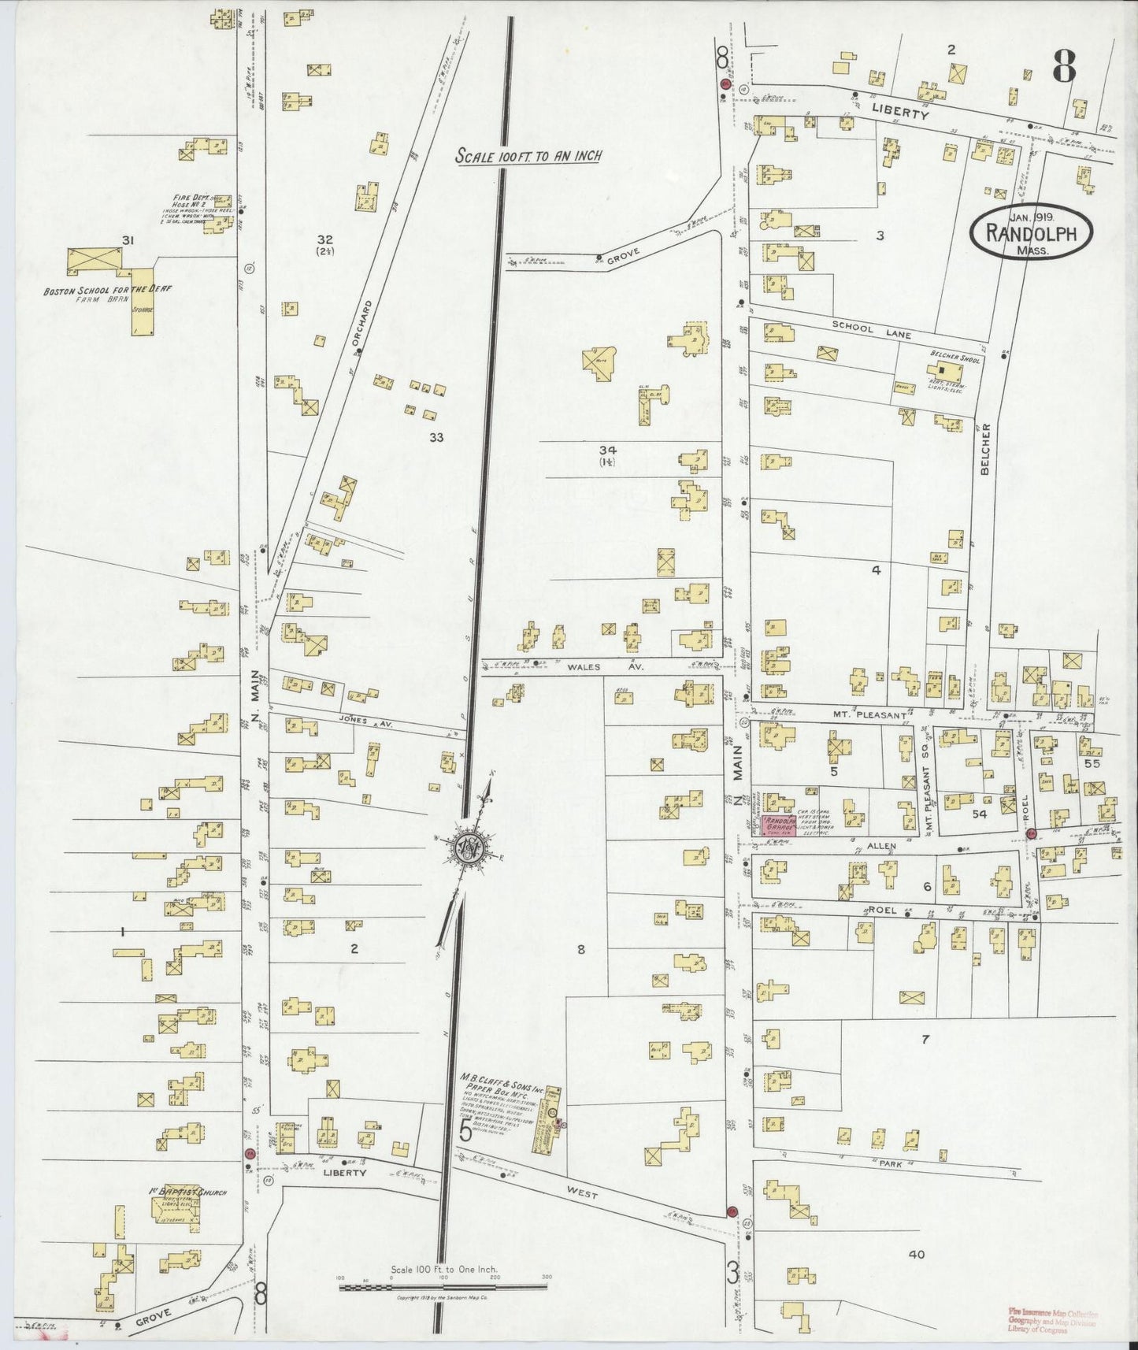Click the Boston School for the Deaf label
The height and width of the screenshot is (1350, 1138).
[x=107, y=290]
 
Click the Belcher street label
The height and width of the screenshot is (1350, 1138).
[x=984, y=450]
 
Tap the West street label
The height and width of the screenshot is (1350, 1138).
[x=581, y=1195]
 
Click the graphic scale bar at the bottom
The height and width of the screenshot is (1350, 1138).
[x=443, y=1288]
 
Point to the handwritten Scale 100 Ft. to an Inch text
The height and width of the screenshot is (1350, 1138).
[x=528, y=156]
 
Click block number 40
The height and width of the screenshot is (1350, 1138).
[x=916, y=1255]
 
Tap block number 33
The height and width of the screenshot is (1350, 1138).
[x=436, y=438]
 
